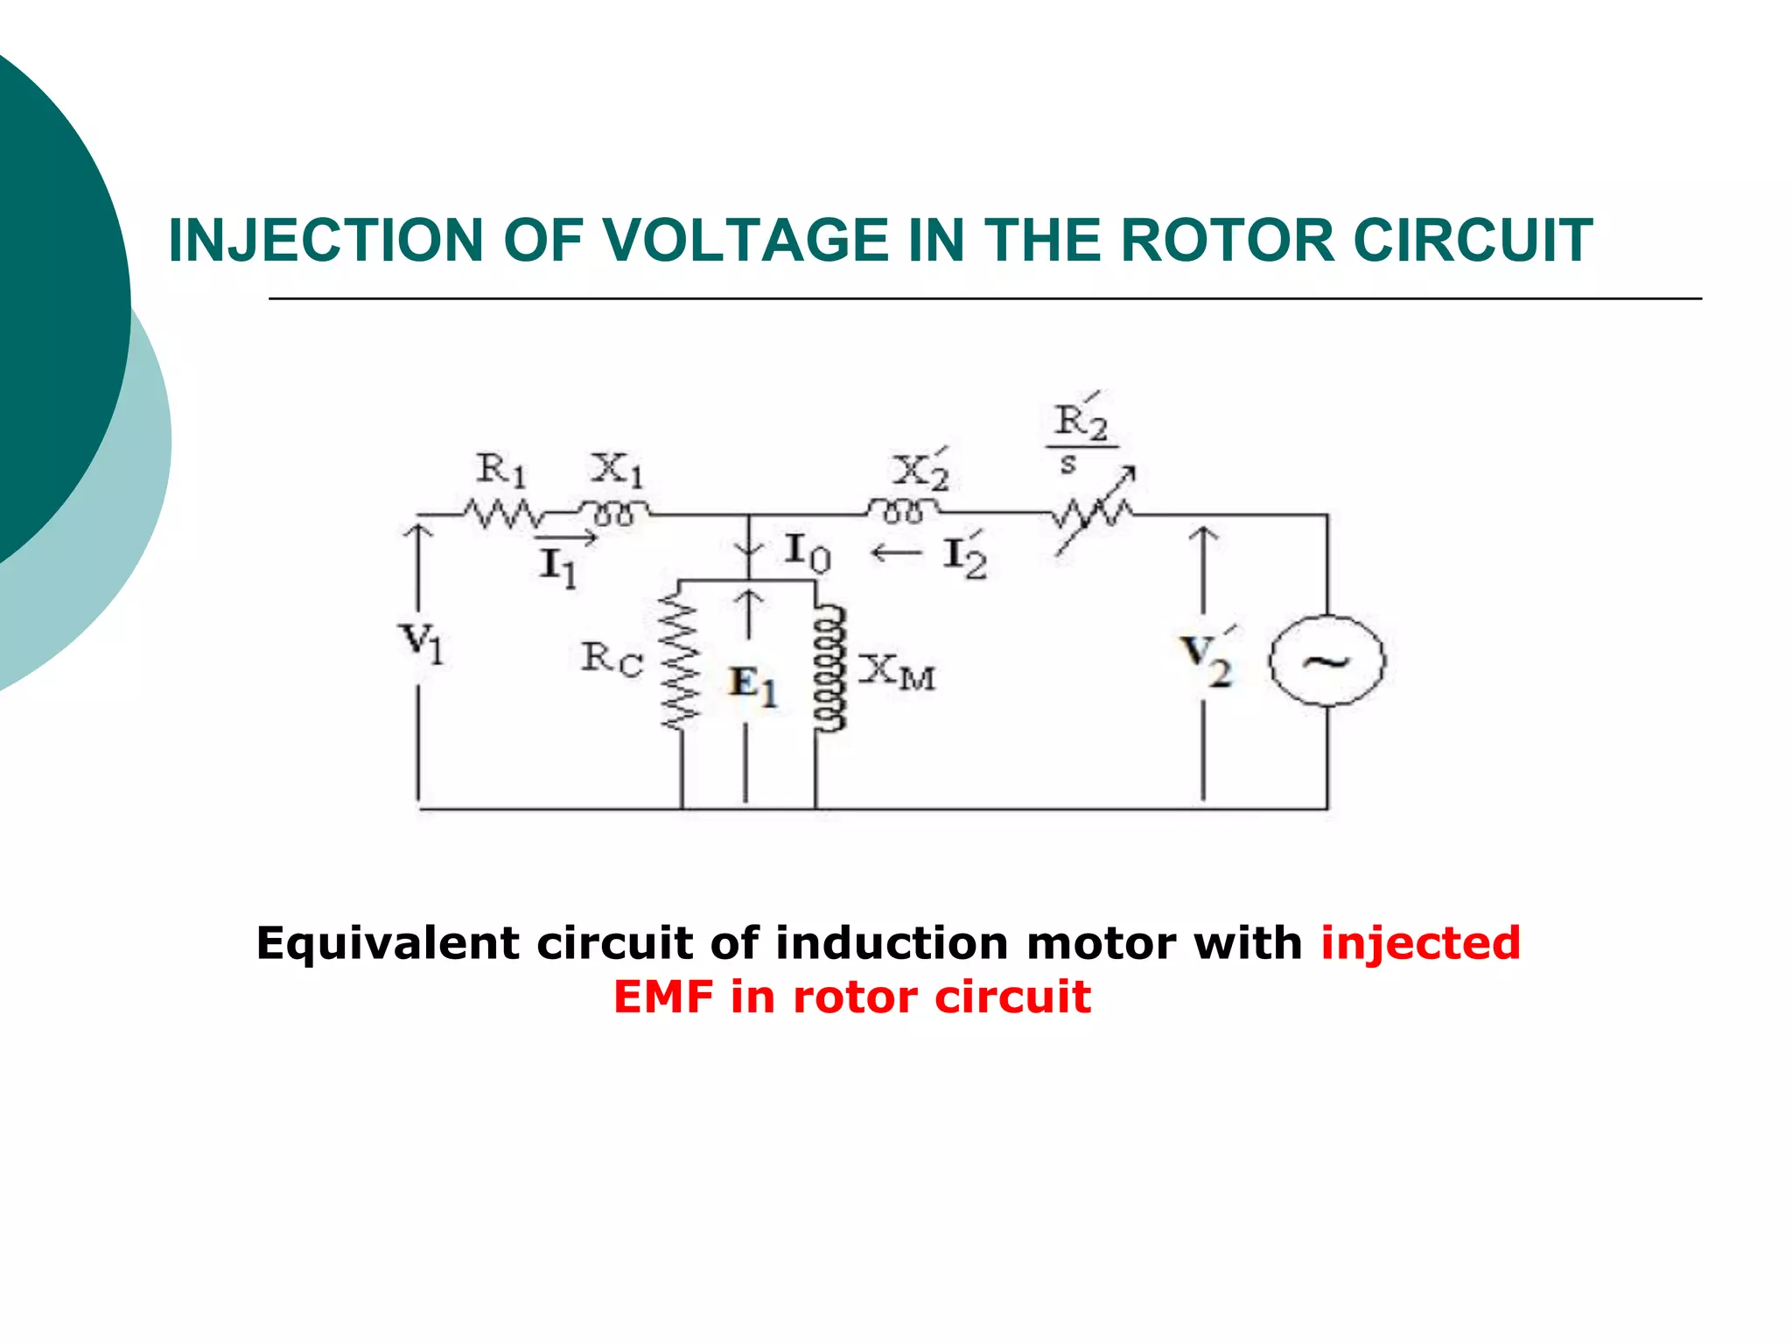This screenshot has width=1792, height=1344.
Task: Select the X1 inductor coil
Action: tap(614, 511)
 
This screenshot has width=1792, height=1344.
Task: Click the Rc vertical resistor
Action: tap(681, 656)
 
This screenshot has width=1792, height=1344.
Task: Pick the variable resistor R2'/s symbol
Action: tap(1094, 514)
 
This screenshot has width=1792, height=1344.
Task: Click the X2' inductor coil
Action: tap(903, 509)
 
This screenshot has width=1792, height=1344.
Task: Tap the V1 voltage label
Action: tap(422, 643)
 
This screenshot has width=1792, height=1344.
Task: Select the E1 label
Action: tap(753, 684)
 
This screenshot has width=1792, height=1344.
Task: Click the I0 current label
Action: tap(807, 553)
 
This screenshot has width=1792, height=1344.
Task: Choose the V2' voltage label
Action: tap(1207, 658)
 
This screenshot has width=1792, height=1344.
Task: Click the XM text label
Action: tap(898, 672)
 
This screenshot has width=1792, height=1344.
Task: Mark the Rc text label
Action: tap(612, 658)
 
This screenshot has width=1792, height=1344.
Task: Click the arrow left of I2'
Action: tap(897, 553)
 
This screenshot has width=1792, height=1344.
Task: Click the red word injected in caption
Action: tap(1420, 943)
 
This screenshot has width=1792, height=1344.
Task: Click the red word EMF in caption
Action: tap(662, 997)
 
